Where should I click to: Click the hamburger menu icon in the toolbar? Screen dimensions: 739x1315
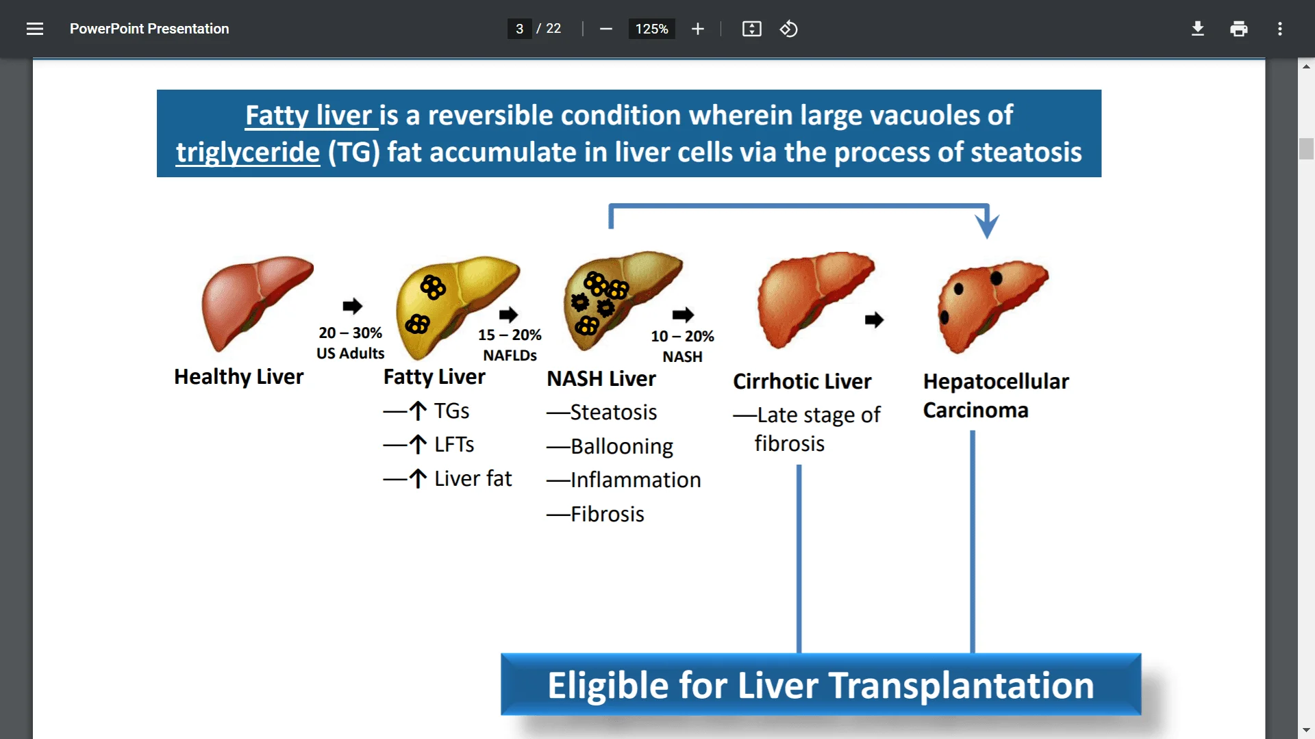(x=35, y=29)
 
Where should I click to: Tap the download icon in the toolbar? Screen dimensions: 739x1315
(x=1197, y=29)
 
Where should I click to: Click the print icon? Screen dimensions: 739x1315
(x=1238, y=29)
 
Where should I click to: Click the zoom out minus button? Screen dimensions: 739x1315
(x=605, y=29)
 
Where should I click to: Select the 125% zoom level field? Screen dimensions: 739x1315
(x=651, y=29)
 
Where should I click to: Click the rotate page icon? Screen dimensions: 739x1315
(x=788, y=29)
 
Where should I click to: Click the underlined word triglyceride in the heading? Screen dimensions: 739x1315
(x=248, y=152)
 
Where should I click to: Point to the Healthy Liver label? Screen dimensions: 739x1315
(x=238, y=376)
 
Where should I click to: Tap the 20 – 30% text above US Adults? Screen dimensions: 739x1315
(x=350, y=333)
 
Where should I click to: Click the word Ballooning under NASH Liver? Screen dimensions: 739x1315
(x=621, y=446)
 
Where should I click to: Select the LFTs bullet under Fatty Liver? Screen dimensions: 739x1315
(x=453, y=445)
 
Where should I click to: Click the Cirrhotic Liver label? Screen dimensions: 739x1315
(x=802, y=381)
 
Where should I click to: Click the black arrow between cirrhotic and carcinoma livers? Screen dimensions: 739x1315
(x=874, y=320)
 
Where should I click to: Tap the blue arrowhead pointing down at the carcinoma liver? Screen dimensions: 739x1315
(x=987, y=224)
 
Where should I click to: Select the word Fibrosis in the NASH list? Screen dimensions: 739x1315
(x=607, y=514)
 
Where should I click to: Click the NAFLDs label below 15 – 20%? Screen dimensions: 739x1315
(x=510, y=355)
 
